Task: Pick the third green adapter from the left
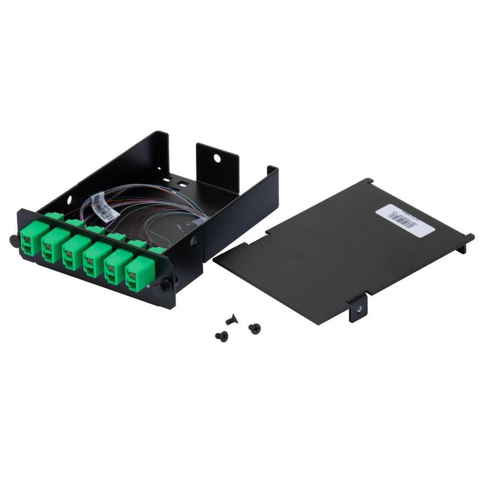point(72,257)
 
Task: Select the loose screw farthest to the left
point(221,336)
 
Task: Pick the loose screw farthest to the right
point(254,328)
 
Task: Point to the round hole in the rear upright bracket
point(216,158)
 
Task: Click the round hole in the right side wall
point(194,242)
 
